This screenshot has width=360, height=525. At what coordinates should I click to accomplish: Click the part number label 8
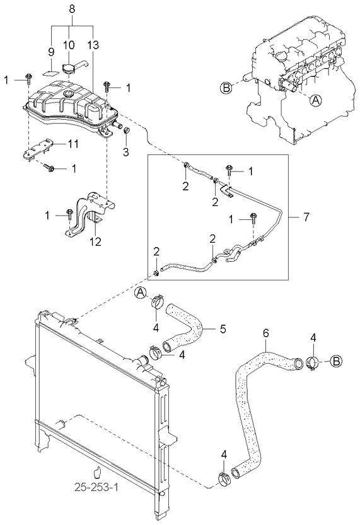(72, 9)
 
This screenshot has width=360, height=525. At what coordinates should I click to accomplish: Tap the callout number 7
(306, 217)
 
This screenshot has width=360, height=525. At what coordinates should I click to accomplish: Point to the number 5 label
(223, 329)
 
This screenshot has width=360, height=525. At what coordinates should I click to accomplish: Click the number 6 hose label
(265, 333)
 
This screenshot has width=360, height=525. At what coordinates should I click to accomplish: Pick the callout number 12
(95, 241)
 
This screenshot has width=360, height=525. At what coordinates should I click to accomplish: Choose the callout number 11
(73, 144)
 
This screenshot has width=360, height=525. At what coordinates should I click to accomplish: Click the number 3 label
(125, 153)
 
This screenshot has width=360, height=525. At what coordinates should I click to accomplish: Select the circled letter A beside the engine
(315, 100)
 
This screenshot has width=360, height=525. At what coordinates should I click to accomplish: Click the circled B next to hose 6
(335, 361)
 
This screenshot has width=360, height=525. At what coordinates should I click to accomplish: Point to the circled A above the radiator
(141, 293)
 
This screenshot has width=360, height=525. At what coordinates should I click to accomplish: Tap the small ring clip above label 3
(127, 130)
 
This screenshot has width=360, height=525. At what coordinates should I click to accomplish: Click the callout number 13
(94, 45)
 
